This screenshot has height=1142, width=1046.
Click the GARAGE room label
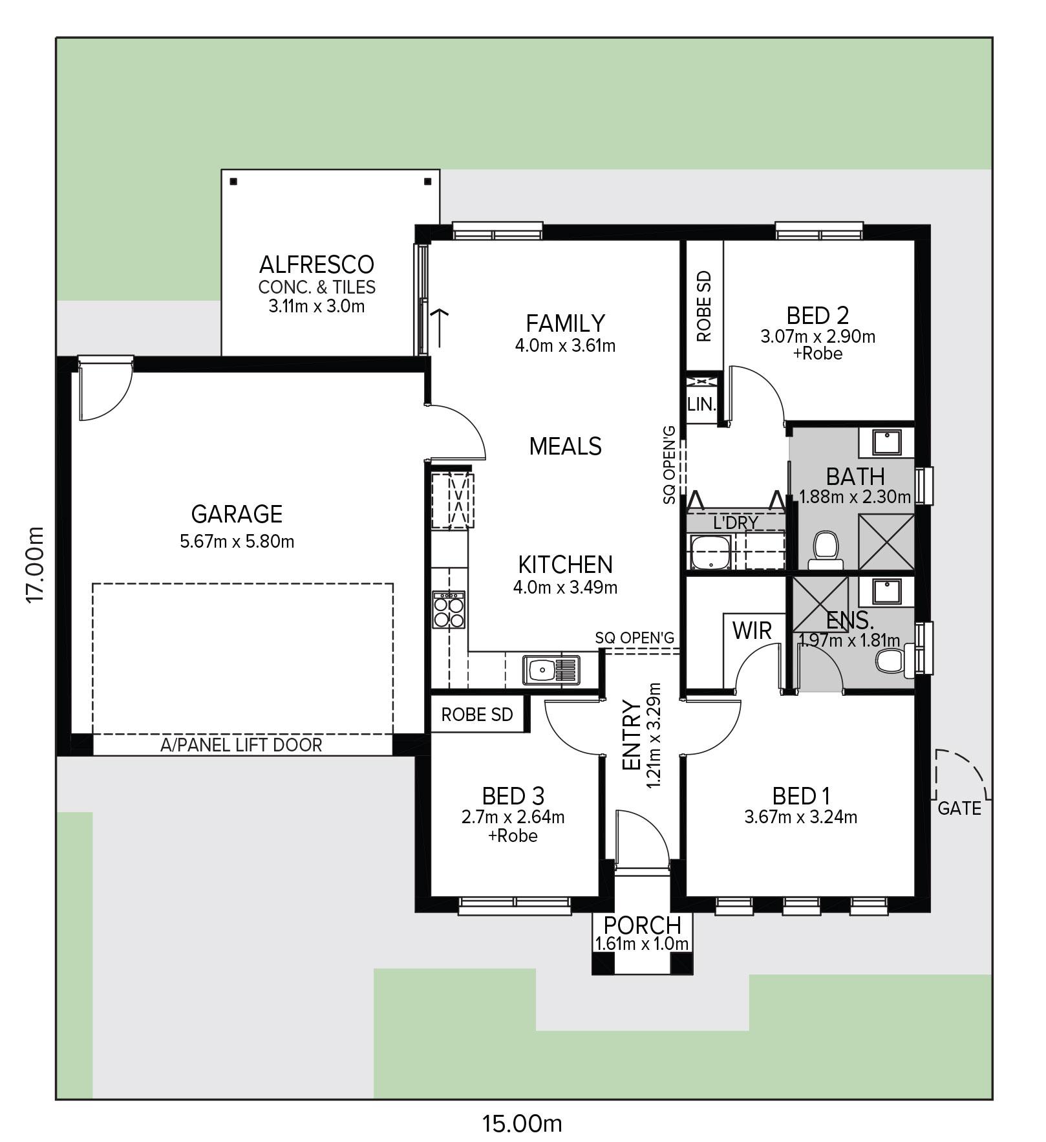[x=237, y=514]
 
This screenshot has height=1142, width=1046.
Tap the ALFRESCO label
[x=317, y=264]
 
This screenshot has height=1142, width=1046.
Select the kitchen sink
[x=551, y=670]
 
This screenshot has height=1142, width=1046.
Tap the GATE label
[x=959, y=808]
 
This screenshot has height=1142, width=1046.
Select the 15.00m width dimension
[x=522, y=1124]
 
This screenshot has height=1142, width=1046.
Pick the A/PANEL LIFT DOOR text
[x=241, y=745]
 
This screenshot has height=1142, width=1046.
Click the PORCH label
[x=643, y=926]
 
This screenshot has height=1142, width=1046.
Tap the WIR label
[x=752, y=630]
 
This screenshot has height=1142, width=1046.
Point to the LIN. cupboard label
[x=701, y=405]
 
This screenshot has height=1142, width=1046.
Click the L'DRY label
[x=736, y=523]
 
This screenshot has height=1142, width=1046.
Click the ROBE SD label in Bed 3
[x=477, y=715]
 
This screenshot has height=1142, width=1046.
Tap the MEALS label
[x=566, y=446]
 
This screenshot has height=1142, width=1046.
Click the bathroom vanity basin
[x=886, y=442]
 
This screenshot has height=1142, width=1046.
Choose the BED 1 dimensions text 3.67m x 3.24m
[x=801, y=817]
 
